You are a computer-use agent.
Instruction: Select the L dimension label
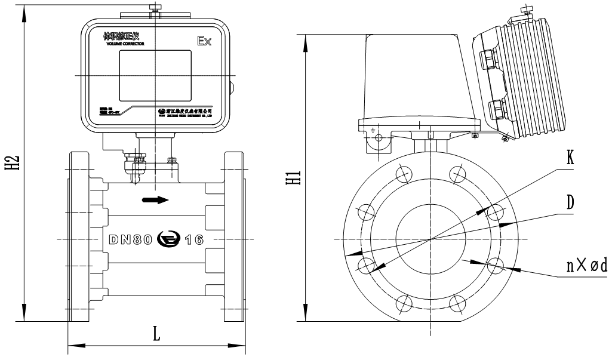[x=156, y=334]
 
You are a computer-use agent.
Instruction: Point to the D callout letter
[x=571, y=203]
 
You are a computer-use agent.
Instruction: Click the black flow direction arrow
[x=155, y=200]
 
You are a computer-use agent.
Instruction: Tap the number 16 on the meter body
[x=193, y=240]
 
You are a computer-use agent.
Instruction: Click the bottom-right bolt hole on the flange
[x=458, y=302]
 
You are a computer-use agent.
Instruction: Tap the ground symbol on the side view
[x=373, y=131]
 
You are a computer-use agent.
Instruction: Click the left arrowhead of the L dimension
[x=70, y=344]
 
